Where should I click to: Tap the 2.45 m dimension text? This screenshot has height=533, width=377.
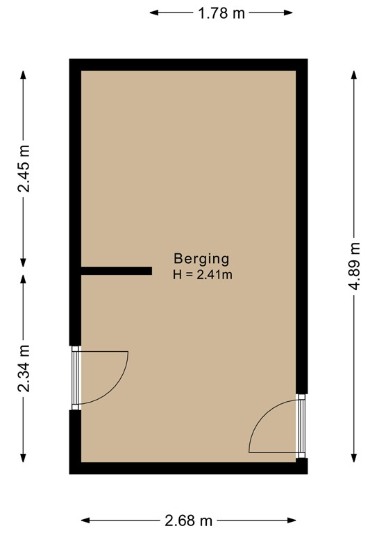point(24,169)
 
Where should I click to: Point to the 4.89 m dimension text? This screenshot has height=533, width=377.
point(355,269)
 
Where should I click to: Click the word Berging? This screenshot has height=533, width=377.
point(201,259)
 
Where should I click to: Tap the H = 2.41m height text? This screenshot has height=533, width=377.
point(201,275)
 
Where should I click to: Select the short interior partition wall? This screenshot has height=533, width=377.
point(116,271)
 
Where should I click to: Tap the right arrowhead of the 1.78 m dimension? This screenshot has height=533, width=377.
point(290,12)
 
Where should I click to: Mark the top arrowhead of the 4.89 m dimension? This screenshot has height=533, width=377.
point(355,71)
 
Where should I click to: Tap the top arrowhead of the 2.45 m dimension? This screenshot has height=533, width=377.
point(24,72)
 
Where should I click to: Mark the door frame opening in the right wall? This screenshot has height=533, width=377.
point(301,425)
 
